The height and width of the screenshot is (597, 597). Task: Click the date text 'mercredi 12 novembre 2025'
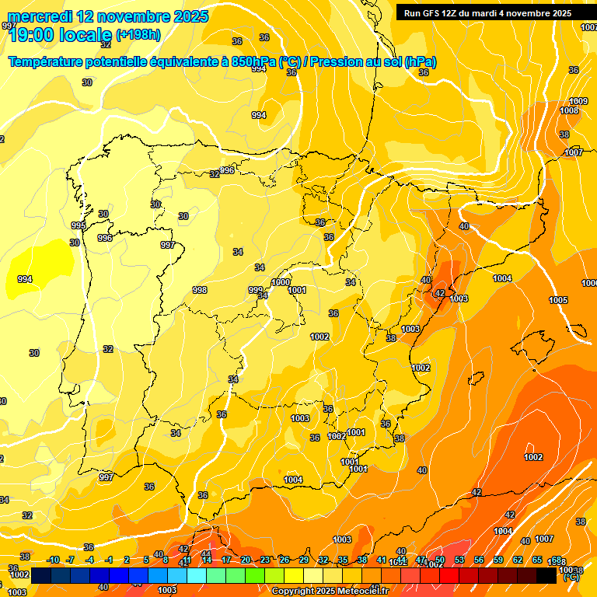click(x=108, y=16)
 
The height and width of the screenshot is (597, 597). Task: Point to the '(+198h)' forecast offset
click(x=138, y=34)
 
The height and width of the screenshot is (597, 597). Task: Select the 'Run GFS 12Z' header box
click(x=487, y=13)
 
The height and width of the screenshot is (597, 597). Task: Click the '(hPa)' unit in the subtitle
click(x=420, y=61)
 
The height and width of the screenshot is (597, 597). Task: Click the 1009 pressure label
click(x=578, y=102)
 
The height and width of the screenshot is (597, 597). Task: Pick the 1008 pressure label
click(x=569, y=111)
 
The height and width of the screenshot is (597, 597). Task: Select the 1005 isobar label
click(x=558, y=300)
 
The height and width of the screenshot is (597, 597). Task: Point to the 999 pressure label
click(x=256, y=290)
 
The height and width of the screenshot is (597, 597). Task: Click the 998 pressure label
click(x=200, y=290)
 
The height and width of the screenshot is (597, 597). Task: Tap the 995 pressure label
click(x=79, y=225)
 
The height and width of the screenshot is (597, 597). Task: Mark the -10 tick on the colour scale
click(x=53, y=560)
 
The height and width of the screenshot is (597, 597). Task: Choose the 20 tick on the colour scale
click(x=246, y=560)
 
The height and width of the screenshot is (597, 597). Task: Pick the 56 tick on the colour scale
click(x=479, y=560)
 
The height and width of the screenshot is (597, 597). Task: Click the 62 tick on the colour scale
click(x=518, y=560)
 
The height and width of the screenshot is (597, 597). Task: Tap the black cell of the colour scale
click(x=546, y=575)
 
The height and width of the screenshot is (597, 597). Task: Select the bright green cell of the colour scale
click(x=254, y=575)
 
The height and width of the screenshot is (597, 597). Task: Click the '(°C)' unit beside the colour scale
click(x=571, y=576)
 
